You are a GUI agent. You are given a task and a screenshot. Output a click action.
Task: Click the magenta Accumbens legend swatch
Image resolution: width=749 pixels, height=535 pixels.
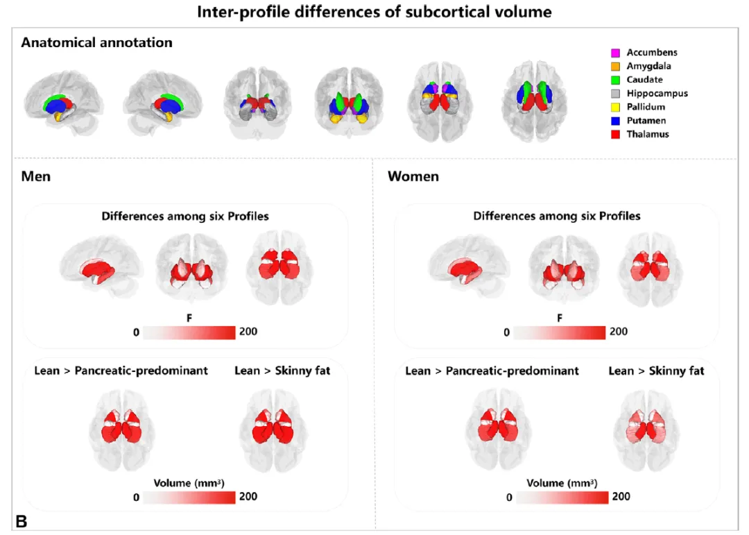[614, 53]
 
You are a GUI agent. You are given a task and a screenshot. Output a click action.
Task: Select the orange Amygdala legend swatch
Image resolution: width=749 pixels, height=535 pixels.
[614, 67]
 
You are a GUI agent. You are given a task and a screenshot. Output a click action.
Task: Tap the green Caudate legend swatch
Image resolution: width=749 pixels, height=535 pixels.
[614, 80]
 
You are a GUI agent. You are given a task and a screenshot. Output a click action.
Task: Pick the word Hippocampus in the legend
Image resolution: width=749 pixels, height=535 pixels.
[657, 94]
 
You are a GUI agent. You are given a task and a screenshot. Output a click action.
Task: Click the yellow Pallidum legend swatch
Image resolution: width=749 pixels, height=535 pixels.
[614, 107]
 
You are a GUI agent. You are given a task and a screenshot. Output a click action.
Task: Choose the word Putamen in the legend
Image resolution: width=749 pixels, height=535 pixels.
[646, 121]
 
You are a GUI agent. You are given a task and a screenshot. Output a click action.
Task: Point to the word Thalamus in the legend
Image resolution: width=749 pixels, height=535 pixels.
[648, 134]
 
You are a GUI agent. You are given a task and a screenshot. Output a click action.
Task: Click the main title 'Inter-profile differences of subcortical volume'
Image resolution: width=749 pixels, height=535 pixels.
[374, 12]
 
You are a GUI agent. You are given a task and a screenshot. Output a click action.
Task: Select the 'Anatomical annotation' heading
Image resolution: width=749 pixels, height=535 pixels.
[96, 42]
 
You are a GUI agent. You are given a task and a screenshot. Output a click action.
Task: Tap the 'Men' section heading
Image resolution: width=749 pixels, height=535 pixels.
[35, 176]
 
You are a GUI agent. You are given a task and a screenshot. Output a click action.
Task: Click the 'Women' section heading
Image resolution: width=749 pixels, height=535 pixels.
[413, 176]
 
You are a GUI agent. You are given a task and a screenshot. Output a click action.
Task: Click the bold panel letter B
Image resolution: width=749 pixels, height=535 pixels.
[21, 521]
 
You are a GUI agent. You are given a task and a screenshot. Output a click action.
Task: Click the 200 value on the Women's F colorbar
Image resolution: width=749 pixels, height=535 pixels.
[618, 332]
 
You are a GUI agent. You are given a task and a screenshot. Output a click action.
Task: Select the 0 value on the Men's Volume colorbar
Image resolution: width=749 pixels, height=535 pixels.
[136, 497]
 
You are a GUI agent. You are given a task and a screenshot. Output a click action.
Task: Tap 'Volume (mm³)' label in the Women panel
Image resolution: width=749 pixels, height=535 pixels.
[562, 483]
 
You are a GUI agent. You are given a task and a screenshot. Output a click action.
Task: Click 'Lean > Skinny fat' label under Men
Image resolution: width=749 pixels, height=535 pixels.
[282, 371]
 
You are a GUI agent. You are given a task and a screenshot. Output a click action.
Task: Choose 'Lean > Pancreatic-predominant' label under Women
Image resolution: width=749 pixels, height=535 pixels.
[492, 371]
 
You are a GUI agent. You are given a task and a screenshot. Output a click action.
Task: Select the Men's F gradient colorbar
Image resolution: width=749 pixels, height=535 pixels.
[189, 332]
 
